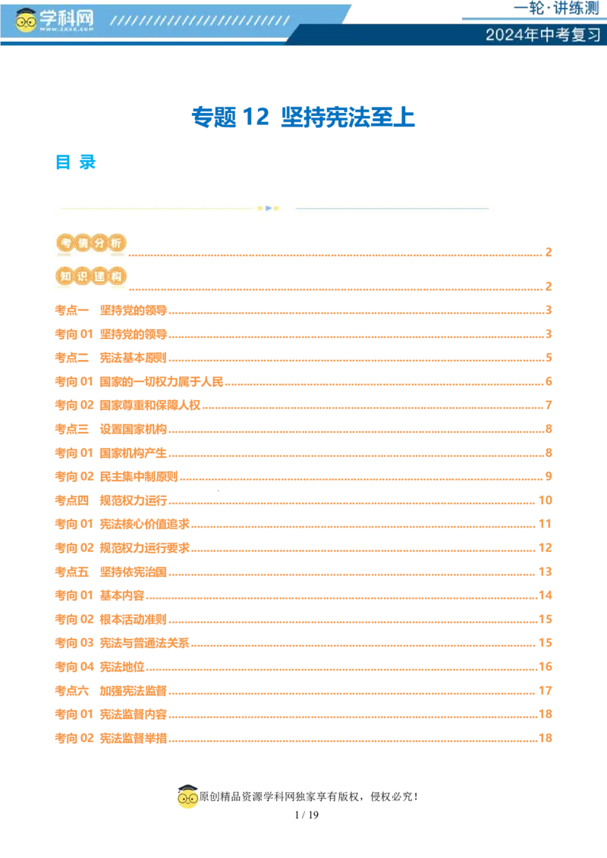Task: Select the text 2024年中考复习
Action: [x=543, y=35]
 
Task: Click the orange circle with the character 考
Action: [x=65, y=243]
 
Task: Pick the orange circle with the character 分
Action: [x=99, y=243]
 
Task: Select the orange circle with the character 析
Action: [x=115, y=243]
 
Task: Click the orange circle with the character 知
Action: [x=65, y=277]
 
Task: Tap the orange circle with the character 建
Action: [x=99, y=277]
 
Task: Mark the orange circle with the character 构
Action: [x=115, y=277]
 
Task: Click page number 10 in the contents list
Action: [x=544, y=499]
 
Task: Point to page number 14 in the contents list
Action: [x=544, y=594]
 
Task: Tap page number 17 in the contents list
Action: [x=544, y=690]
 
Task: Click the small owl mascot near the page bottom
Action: [x=187, y=798]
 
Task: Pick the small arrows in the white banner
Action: [x=269, y=208]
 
